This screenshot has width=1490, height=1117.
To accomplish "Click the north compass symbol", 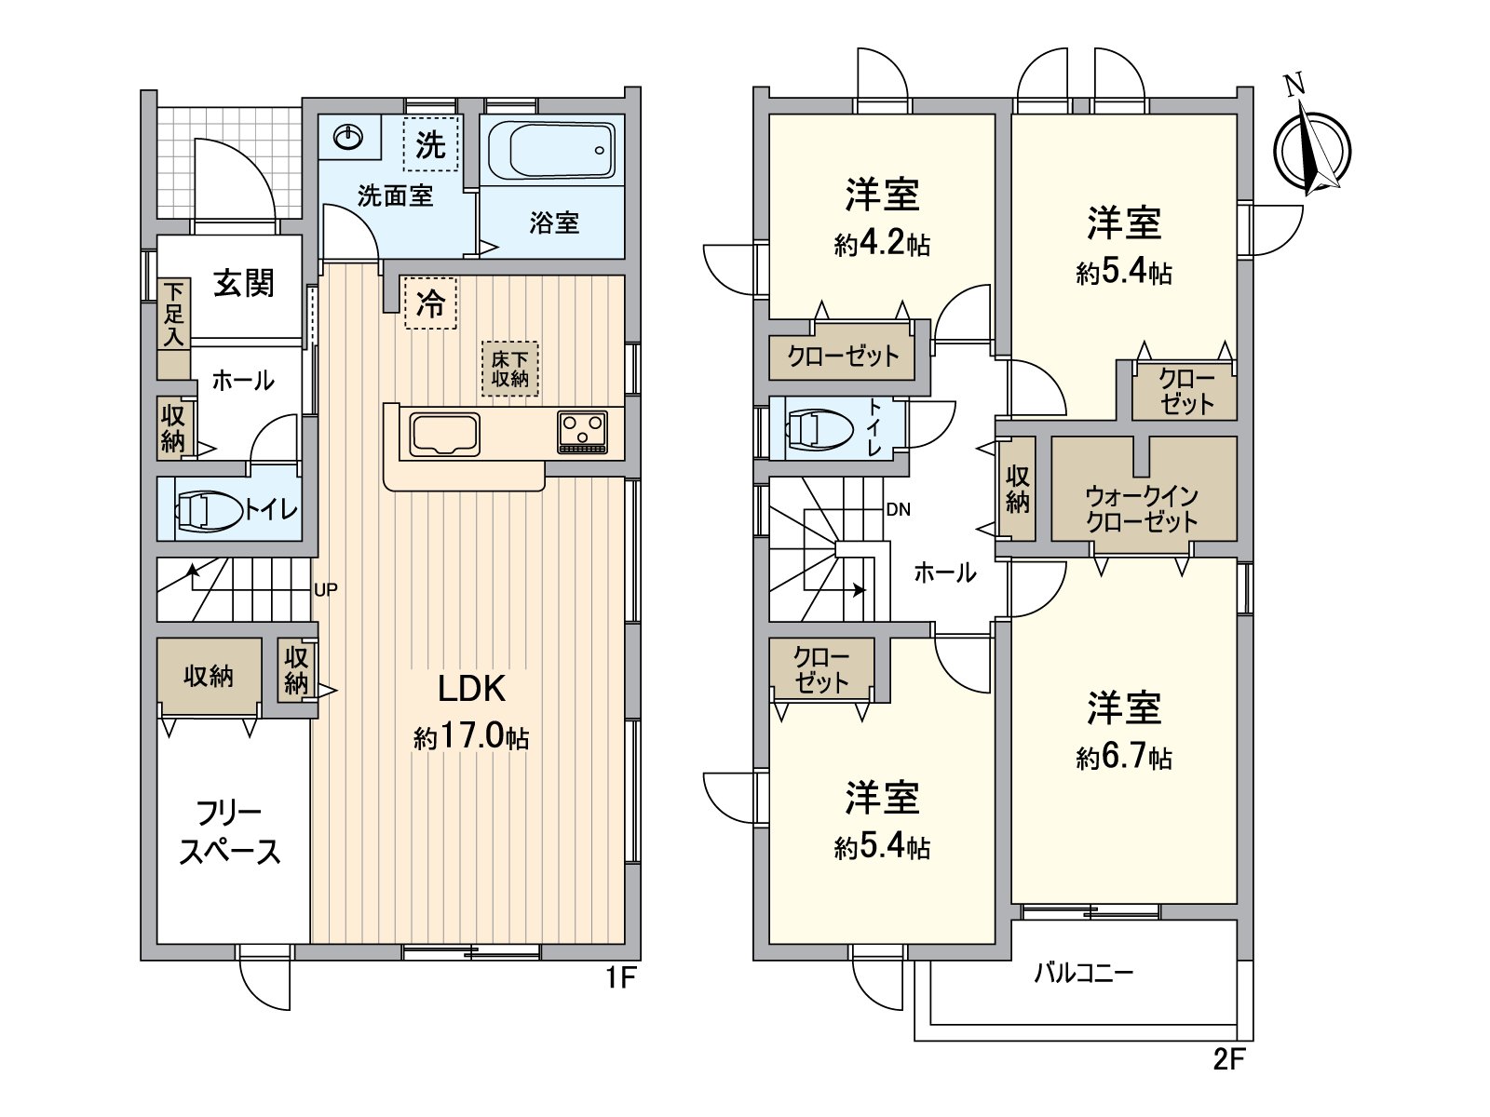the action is click(1311, 149).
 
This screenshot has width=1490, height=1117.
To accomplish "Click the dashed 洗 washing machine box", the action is click(430, 143).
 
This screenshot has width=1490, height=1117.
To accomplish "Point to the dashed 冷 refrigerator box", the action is click(430, 303).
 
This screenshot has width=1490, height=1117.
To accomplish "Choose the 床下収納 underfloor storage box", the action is click(509, 369).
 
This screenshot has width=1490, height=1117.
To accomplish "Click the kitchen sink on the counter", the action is click(444, 434).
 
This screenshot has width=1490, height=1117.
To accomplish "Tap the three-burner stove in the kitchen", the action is click(581, 432).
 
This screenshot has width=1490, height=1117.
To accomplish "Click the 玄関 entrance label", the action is click(244, 284).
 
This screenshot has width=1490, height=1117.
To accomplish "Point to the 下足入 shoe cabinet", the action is click(174, 329).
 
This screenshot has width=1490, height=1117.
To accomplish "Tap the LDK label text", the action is click(472, 689).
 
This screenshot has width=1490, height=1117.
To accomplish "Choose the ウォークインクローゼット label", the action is click(1142, 509).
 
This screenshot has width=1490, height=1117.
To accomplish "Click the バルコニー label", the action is click(1084, 976).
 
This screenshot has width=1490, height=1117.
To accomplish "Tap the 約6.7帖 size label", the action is click(1123, 757).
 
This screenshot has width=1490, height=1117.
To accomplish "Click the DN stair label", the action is click(898, 510).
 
